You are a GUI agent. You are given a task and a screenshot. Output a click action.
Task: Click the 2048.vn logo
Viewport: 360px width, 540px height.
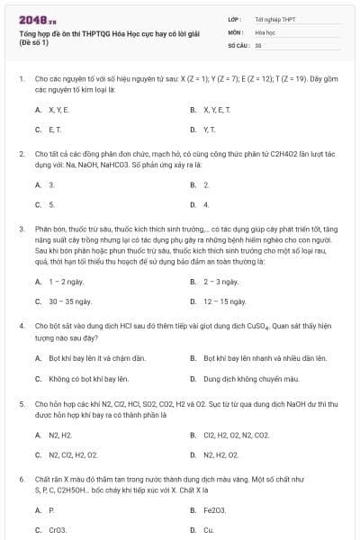pos(37,19)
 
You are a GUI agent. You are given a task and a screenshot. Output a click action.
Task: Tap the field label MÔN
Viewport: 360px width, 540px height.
pos(236,31)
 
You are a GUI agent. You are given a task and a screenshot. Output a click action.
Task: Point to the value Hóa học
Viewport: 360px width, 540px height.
pos(265,31)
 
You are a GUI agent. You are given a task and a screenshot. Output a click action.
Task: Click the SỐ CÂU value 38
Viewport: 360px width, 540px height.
pos(258,44)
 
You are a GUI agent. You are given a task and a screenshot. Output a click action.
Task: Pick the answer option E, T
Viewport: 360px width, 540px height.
pos(57,130)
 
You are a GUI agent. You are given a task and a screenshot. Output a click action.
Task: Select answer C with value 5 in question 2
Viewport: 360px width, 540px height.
pos(51,204)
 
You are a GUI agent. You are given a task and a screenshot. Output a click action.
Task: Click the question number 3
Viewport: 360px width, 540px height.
pos(22,229)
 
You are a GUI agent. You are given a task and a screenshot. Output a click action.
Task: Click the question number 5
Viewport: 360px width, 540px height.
pos(22,405)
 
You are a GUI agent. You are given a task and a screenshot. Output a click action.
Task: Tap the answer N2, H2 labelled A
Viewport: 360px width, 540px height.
pos(59,435)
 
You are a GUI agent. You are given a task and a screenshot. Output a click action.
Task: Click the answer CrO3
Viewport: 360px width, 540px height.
pos(58,530)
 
